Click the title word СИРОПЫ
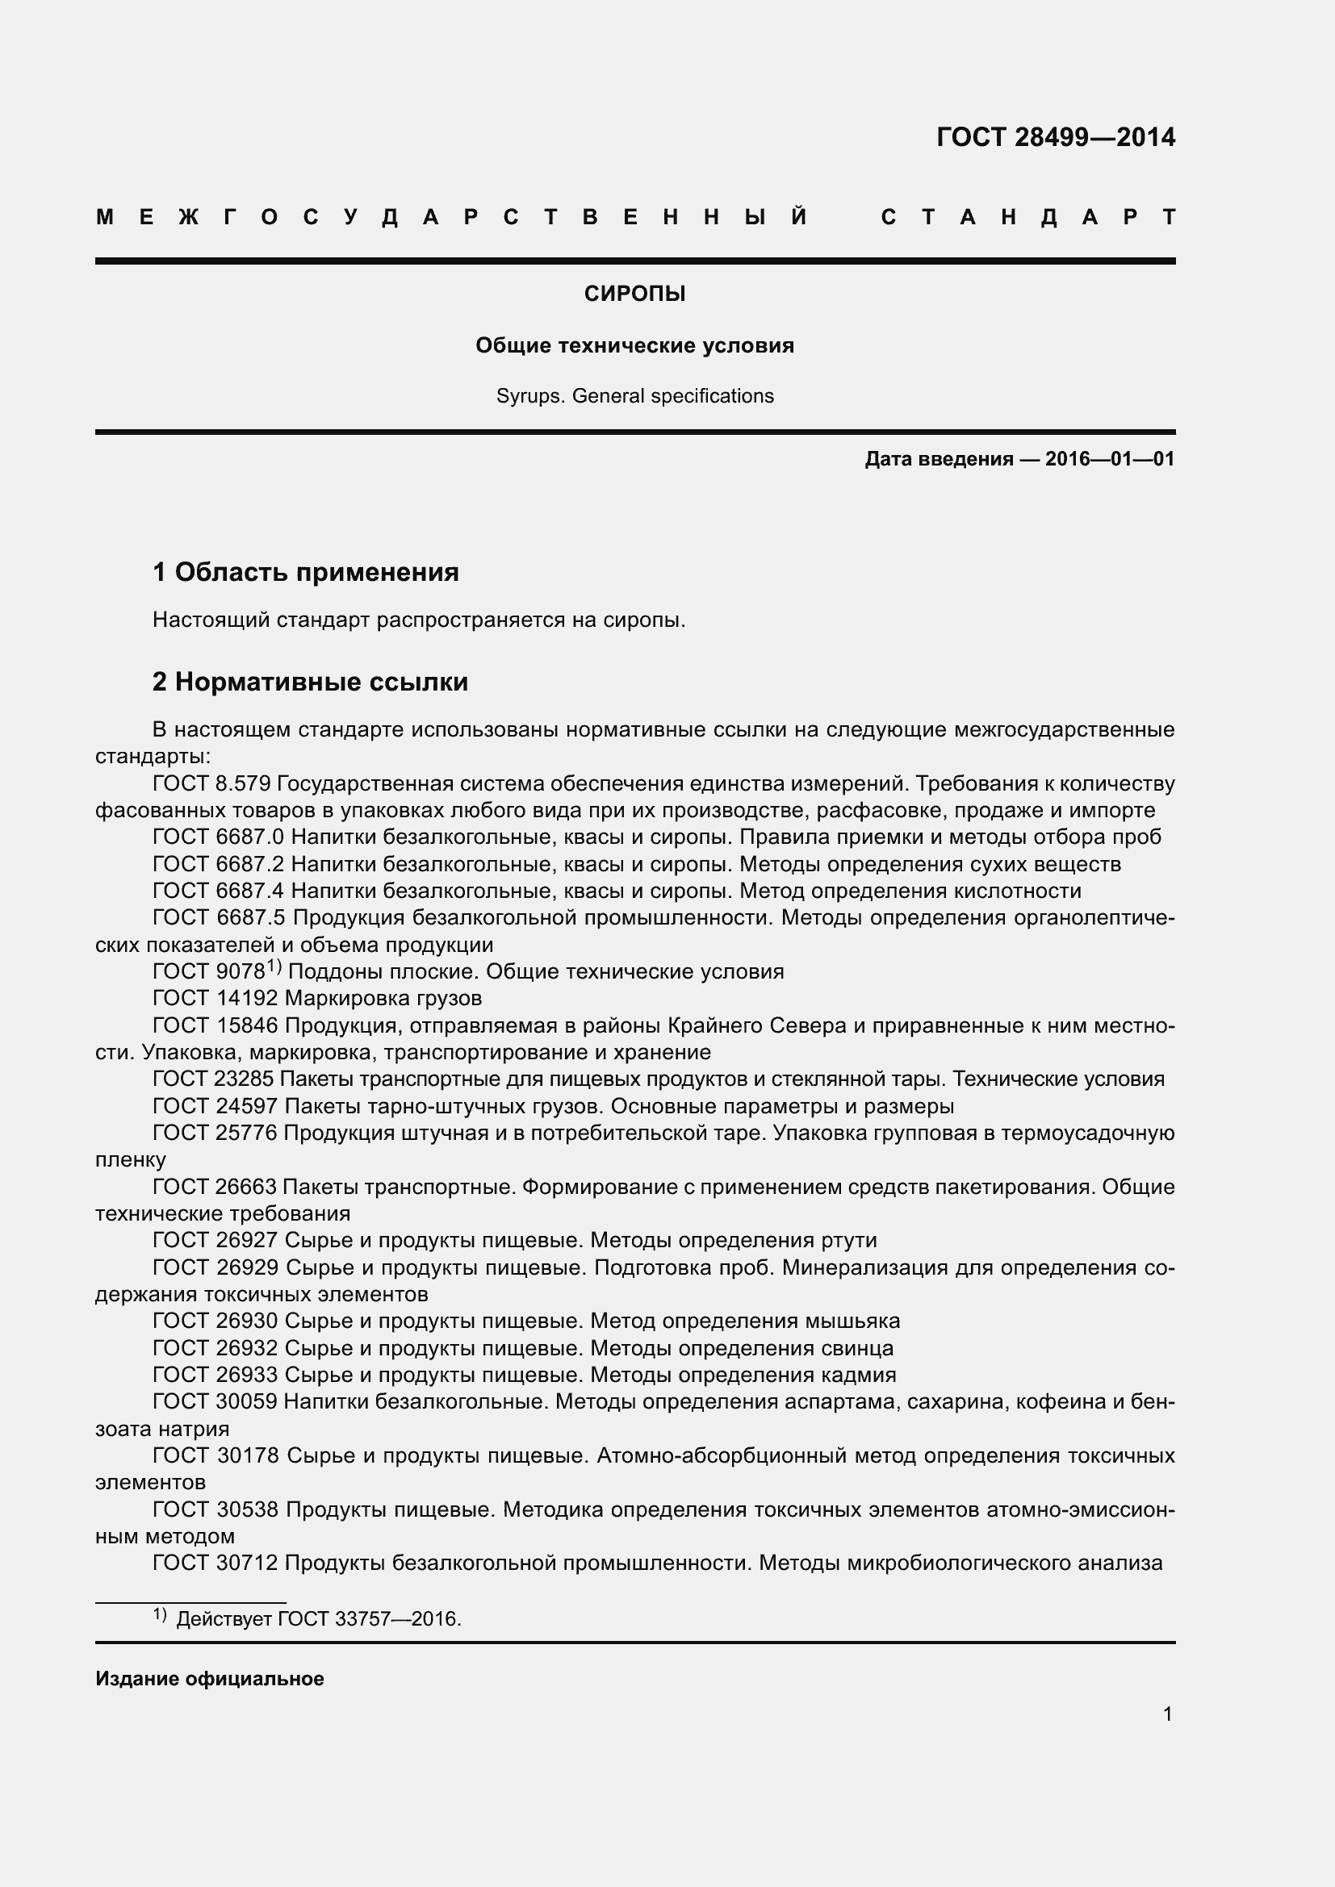(634, 294)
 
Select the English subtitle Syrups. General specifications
(634, 396)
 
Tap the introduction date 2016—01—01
(1110, 458)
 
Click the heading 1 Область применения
(305, 571)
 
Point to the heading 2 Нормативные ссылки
(310, 682)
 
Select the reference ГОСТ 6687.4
(218, 891)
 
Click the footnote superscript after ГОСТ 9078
(274, 967)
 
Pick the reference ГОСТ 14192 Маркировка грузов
(316, 999)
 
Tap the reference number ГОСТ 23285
(216, 1079)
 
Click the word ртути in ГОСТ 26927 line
(848, 1240)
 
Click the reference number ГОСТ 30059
(216, 1401)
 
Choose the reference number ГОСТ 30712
(216, 1563)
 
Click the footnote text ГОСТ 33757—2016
(369, 1619)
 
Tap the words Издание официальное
(210, 1679)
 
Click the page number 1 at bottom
(1167, 1714)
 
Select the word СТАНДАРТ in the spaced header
(1027, 217)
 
